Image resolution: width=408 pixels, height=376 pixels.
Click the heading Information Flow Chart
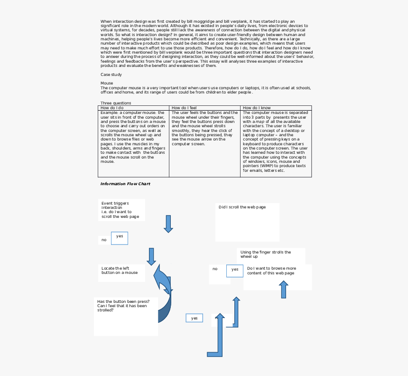(125, 184)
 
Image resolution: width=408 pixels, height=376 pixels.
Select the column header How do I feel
(184, 108)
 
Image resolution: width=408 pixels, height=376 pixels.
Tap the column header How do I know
(257, 108)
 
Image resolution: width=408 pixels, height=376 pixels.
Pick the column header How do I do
(112, 108)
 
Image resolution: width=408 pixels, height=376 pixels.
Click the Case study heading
(111, 75)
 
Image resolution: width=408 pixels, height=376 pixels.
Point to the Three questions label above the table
(116, 103)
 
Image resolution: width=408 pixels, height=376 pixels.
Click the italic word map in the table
(260, 122)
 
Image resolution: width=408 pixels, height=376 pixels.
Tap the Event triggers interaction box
(121, 210)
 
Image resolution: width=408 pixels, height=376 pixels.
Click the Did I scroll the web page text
(242, 207)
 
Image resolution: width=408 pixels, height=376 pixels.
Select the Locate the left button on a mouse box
(121, 273)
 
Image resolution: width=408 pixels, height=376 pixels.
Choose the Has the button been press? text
(123, 301)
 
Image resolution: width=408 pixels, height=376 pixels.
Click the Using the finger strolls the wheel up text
(265, 254)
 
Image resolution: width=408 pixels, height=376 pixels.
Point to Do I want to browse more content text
(271, 271)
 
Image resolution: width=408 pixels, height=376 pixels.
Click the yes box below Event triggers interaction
(120, 238)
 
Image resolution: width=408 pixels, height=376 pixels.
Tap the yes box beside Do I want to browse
(235, 271)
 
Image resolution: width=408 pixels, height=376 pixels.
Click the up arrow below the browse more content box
(283, 290)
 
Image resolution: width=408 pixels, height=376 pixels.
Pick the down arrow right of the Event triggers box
(168, 224)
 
